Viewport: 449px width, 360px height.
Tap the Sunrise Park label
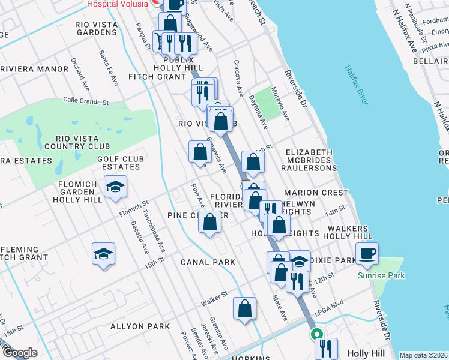tap(381, 275)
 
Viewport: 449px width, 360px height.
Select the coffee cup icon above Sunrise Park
tap(367, 253)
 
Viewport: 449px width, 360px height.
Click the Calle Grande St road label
tap(86, 102)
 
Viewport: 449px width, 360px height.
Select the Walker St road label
tap(215, 295)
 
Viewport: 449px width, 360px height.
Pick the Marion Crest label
tap(316, 193)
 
